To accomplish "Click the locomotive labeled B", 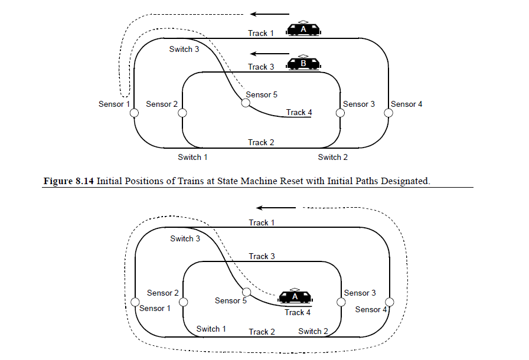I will pos(303,63).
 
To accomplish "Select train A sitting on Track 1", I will pos(303,29).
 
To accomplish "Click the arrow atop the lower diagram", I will pos(276,208).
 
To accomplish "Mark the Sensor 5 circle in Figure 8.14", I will pos(245,103).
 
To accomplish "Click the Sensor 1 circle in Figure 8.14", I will pos(134,113).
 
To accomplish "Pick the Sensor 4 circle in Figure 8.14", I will pos(388,113).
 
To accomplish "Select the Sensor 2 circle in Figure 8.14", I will pos(182,113).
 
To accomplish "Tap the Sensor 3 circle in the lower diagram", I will pos(341,302).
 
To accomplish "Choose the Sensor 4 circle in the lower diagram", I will pos(389,302).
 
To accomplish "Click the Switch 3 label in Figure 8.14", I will pos(184,49).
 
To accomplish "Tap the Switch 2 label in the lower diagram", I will pos(313,331).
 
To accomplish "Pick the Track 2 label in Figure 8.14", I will pos(261,142).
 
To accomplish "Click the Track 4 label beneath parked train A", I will pos(298,312).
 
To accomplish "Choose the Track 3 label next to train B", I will pos(261,67).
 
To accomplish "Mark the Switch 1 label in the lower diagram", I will pos(211,329).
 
